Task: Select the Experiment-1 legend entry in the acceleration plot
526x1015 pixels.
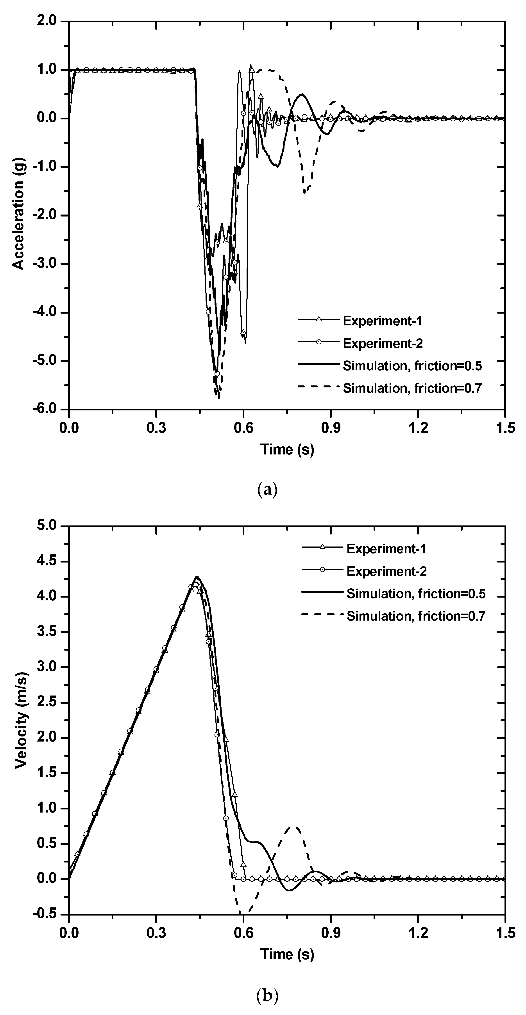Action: click(x=382, y=321)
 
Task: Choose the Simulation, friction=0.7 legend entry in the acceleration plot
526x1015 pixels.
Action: click(x=412, y=389)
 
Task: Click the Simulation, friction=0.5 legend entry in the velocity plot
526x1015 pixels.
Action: click(x=416, y=594)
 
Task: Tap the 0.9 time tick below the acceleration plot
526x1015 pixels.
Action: click(x=330, y=428)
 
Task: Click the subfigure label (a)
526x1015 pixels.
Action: click(x=267, y=490)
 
